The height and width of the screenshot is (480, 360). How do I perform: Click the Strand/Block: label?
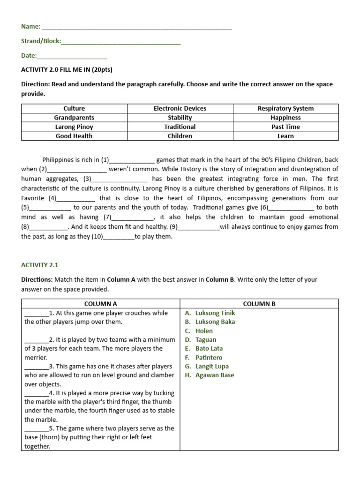coord(41,41)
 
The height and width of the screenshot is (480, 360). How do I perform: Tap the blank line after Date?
coord(72,56)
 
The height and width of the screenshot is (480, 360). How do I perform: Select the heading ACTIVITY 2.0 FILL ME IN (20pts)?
coord(67,70)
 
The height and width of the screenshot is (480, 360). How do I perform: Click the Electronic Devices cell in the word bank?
coord(180,108)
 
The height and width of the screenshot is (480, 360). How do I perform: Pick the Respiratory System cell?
coord(285,108)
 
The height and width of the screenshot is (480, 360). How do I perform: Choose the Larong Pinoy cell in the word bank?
coord(74,127)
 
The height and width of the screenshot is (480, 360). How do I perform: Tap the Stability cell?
coord(180,118)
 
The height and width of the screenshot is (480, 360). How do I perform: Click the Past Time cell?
coord(285,127)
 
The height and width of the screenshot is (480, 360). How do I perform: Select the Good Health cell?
coord(74,136)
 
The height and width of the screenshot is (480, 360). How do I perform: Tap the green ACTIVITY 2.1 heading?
coord(40,265)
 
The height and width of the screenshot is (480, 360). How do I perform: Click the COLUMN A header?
coord(101,304)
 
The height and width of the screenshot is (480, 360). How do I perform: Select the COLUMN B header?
coord(259,304)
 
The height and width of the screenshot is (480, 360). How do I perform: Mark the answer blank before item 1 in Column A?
coord(36,314)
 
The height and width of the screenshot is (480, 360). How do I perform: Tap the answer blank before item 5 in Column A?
coord(36,429)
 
